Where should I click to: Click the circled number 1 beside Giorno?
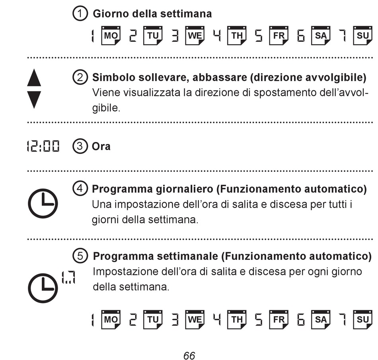(x=80, y=14)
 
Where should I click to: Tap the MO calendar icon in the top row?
(x=111, y=36)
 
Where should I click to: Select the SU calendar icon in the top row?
(x=363, y=36)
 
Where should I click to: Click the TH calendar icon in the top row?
(x=237, y=36)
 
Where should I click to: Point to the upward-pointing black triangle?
(x=34, y=78)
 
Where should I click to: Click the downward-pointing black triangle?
(x=34, y=99)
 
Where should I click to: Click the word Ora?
(x=101, y=146)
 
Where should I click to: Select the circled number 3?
(x=80, y=146)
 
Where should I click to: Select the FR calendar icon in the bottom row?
(x=279, y=319)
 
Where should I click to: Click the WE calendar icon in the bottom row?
(x=195, y=319)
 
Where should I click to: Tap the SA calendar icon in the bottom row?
(x=321, y=319)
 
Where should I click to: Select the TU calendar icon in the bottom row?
(x=153, y=319)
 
